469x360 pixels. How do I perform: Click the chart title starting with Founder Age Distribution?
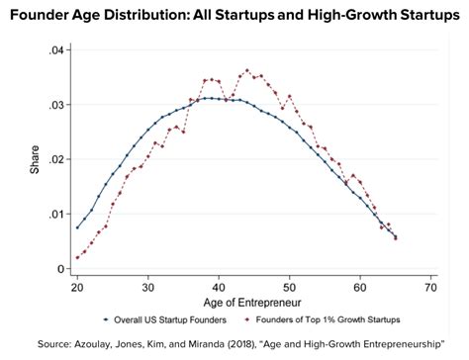pyautogui.click(x=234, y=14)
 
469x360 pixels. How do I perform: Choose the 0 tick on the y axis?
pyautogui.click(x=60, y=268)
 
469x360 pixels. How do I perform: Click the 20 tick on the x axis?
pyautogui.click(x=77, y=286)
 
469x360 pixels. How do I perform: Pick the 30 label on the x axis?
pyautogui.click(x=147, y=286)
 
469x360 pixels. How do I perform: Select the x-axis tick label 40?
pyautogui.click(x=219, y=286)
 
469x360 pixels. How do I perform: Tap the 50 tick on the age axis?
pyautogui.click(x=289, y=286)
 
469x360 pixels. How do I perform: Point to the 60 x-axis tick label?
pyautogui.click(x=359, y=286)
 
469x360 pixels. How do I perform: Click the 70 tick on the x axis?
pyautogui.click(x=429, y=286)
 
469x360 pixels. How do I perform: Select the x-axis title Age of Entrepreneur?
pyautogui.click(x=253, y=302)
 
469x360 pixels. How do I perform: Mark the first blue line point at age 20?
pyautogui.click(x=77, y=227)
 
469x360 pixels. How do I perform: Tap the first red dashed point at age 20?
pyautogui.click(x=77, y=258)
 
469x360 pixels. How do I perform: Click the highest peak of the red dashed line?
pyautogui.click(x=247, y=70)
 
